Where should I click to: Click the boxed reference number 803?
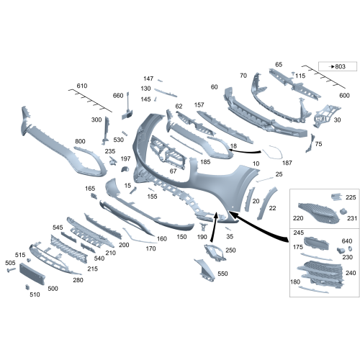[340, 66]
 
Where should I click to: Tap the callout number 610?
[82, 86]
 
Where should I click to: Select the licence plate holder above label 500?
[32, 274]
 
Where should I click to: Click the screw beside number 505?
[12, 270]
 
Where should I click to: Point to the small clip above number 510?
[27, 287]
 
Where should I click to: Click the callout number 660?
[118, 96]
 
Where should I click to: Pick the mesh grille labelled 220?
[318, 213]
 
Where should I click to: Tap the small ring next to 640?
[349, 248]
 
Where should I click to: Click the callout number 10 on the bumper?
[256, 163]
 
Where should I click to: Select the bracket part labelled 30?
[325, 114]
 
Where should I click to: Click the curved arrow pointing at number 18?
[245, 151]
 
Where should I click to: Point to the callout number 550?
[222, 274]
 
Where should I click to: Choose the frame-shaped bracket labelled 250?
[215, 253]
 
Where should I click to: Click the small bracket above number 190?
[203, 226]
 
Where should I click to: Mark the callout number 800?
[80, 141]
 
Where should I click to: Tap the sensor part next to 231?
[343, 212]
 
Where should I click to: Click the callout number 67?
[173, 171]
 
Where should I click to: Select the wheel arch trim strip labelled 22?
[266, 203]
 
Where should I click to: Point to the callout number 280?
[78, 280]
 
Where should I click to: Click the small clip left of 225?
[336, 197]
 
